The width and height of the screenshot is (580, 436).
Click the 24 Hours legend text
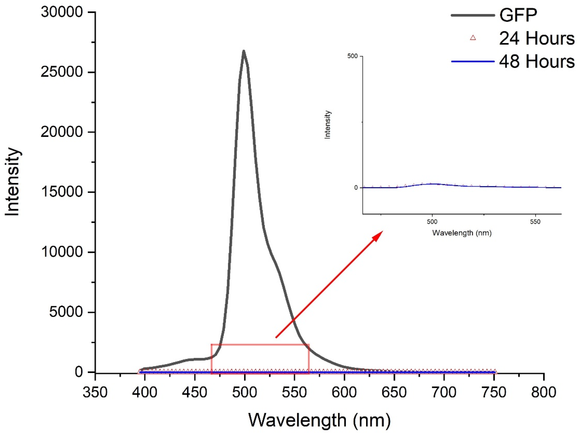[x=536, y=38]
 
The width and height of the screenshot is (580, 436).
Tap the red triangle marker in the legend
[x=473, y=38]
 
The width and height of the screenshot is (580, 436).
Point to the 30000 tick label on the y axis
[x=62, y=12]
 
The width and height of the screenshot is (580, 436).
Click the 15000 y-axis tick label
[x=62, y=192]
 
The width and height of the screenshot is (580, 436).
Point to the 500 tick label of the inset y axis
[x=352, y=56]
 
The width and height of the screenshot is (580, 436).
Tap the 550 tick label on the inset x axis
[x=535, y=222]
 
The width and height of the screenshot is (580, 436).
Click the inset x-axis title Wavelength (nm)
[x=462, y=233]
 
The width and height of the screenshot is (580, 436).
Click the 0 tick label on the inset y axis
[x=356, y=188]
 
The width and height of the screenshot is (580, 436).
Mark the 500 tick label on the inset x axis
[x=432, y=222]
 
